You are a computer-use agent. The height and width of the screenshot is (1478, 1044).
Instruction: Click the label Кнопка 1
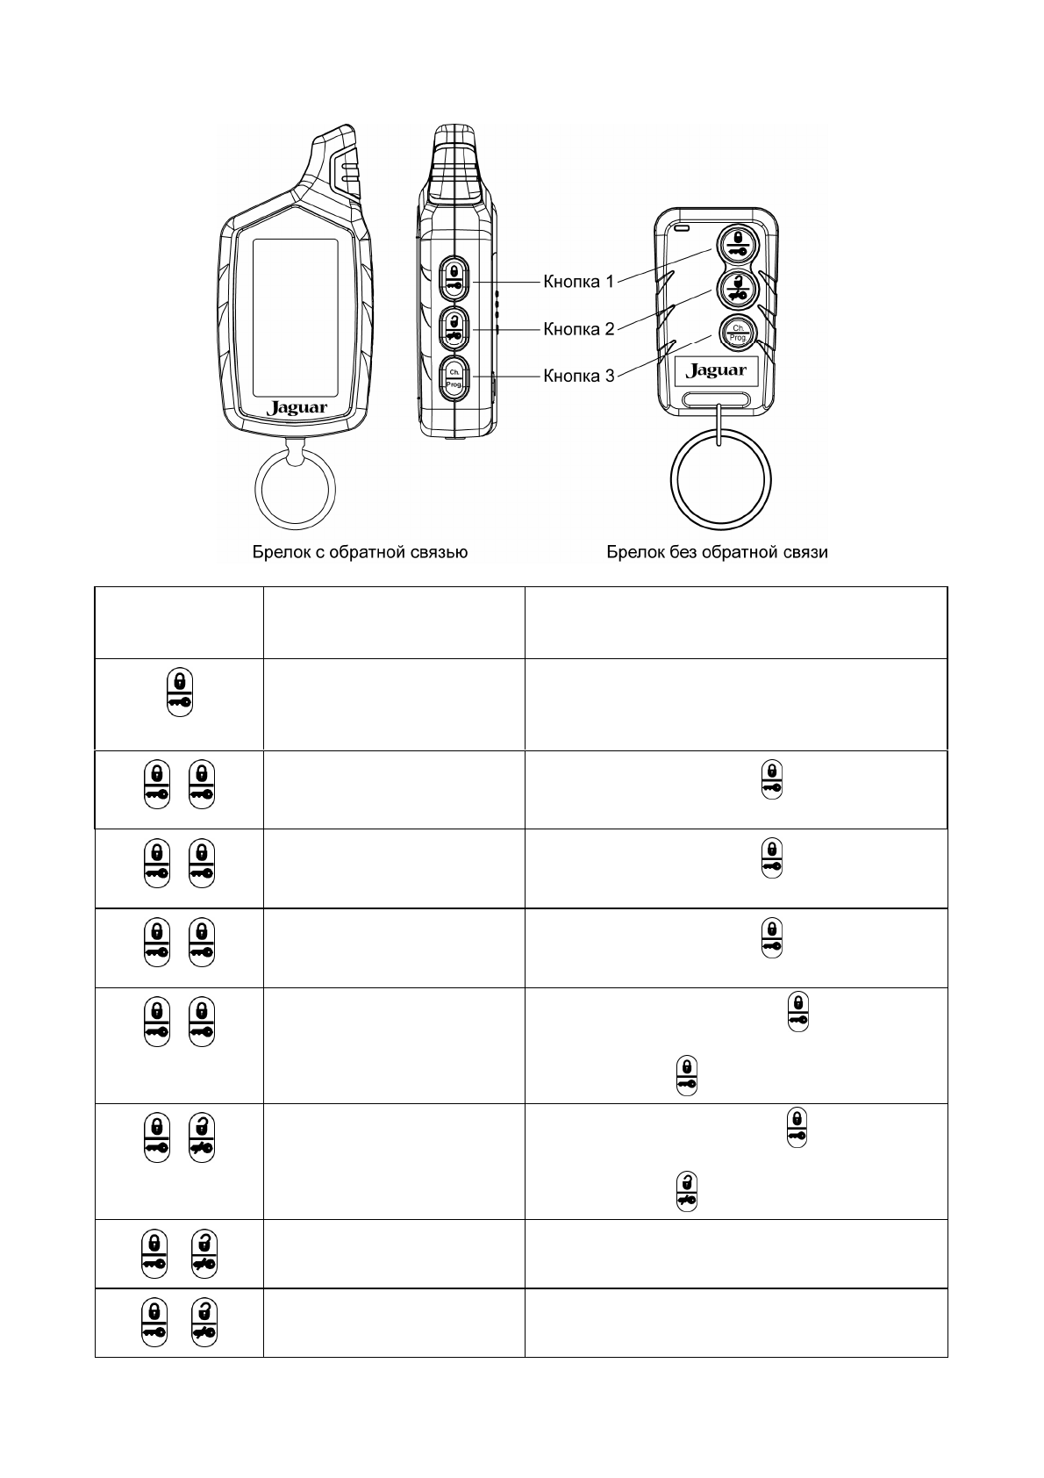pyautogui.click(x=578, y=282)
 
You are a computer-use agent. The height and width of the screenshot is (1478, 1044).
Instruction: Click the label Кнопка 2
pyautogui.click(x=578, y=329)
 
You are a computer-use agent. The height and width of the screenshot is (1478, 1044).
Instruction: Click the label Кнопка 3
pyautogui.click(x=578, y=377)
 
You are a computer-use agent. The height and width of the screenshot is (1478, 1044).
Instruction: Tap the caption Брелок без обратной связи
pyautogui.click(x=718, y=552)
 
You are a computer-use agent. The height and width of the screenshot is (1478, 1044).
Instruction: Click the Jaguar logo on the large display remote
pyautogui.click(x=297, y=408)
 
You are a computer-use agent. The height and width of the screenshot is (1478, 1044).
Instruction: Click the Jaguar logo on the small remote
pyautogui.click(x=717, y=370)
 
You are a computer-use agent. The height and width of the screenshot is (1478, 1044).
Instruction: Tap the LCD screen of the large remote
pyautogui.click(x=295, y=318)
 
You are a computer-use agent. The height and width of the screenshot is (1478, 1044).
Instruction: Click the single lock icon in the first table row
pyautogui.click(x=179, y=693)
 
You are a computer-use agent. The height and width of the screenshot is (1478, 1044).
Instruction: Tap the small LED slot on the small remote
pyautogui.click(x=682, y=230)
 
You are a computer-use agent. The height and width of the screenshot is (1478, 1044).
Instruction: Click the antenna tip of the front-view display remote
pyautogui.click(x=338, y=134)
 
